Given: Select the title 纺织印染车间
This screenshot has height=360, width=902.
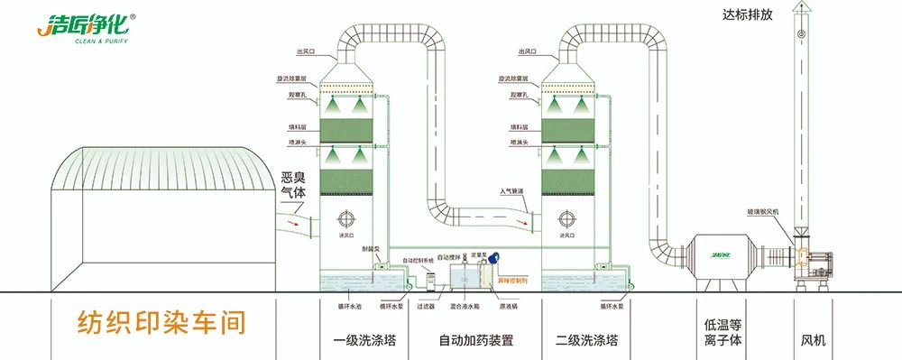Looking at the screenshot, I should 154,321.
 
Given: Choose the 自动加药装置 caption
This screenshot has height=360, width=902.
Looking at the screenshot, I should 475,341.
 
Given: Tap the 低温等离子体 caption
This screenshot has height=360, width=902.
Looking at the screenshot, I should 722,332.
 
